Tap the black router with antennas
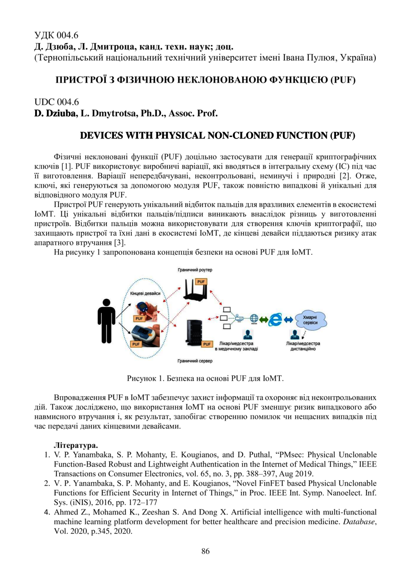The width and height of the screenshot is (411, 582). tap(195, 293)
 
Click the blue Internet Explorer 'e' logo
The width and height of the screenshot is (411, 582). tap(276, 319)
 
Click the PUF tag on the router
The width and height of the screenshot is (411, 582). tap(202, 282)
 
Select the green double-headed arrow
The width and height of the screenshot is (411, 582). tap(264, 320)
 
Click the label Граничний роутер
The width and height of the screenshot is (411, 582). tap(194, 270)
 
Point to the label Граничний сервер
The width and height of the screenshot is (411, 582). tap(194, 361)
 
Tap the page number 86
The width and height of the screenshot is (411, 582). tap(205, 551)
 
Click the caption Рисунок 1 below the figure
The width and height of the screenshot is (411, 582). tap(205, 377)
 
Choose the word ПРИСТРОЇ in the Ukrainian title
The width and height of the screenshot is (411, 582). tap(78, 80)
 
